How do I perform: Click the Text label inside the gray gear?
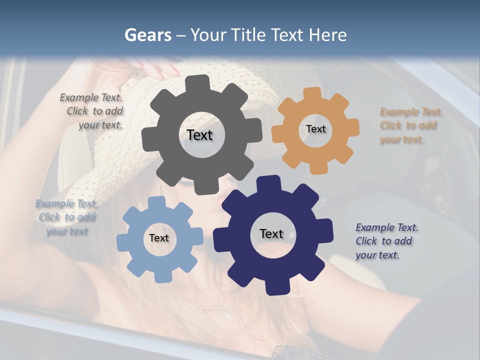[x=199, y=135]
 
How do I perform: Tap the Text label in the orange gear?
[x=315, y=129]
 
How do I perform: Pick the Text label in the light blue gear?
[x=159, y=238]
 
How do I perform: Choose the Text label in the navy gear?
[x=271, y=233]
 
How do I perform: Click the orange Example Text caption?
[x=411, y=125]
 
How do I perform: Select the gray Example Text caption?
[x=92, y=111]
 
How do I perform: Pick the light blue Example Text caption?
[x=67, y=217]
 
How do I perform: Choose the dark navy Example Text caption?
[x=386, y=241]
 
